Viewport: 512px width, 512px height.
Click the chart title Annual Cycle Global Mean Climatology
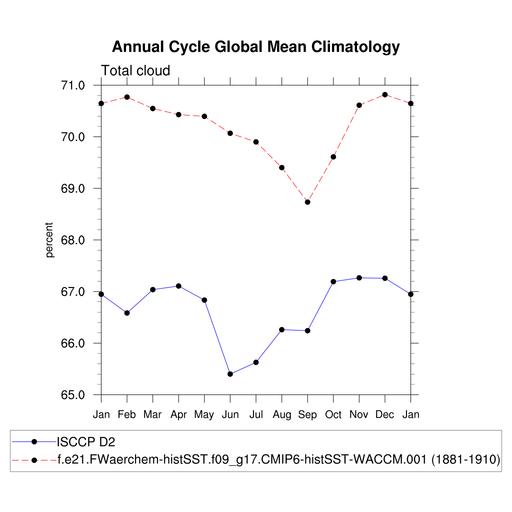point(255,47)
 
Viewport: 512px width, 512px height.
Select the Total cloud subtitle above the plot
point(135,71)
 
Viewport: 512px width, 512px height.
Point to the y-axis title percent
point(49,240)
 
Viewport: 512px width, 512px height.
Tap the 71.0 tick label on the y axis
point(73,85)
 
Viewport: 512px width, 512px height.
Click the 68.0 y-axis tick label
point(73,240)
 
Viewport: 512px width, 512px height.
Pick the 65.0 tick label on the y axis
point(73,395)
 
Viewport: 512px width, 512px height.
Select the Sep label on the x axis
point(307,415)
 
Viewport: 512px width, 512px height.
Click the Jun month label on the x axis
point(230,415)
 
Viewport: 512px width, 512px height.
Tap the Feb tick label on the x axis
point(127,415)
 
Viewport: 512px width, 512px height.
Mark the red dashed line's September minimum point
point(307,202)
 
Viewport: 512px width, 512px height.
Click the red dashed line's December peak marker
point(385,94)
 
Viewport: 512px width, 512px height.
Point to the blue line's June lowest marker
point(230,374)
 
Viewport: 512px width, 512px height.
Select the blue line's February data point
point(127,313)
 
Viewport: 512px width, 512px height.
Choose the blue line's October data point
point(333,281)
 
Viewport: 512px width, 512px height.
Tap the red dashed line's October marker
point(333,157)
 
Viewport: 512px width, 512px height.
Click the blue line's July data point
point(256,362)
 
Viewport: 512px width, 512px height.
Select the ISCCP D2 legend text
point(87,441)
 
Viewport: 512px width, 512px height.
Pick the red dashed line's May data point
point(204,116)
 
